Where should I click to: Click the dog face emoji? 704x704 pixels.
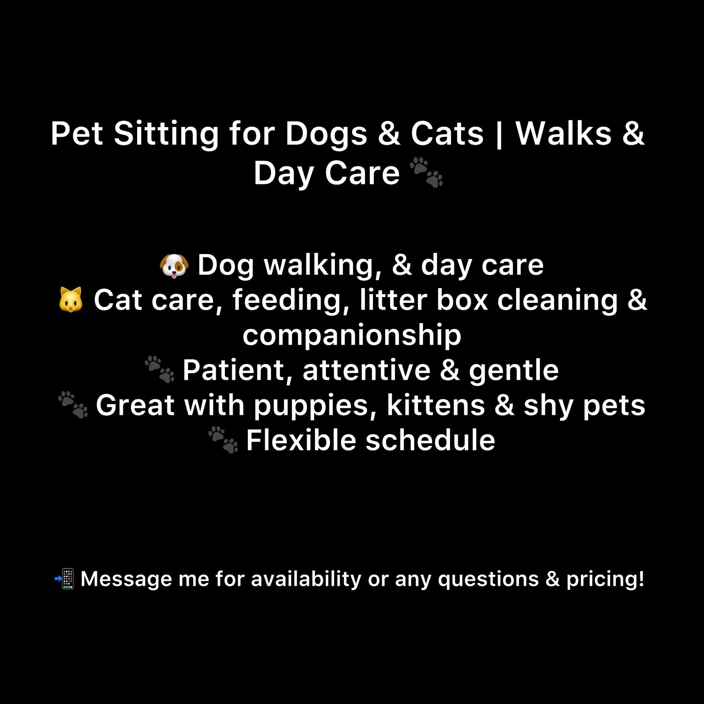point(174,265)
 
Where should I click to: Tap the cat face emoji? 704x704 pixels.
point(71,300)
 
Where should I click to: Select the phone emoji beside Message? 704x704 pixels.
point(65,579)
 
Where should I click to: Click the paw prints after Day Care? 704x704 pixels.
point(426,172)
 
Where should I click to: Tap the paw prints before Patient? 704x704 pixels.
point(159,369)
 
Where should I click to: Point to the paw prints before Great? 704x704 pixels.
point(73,404)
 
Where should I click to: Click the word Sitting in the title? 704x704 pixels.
point(166,134)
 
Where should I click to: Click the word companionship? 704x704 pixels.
point(352,335)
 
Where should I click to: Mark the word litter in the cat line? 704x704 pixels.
point(393,300)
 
